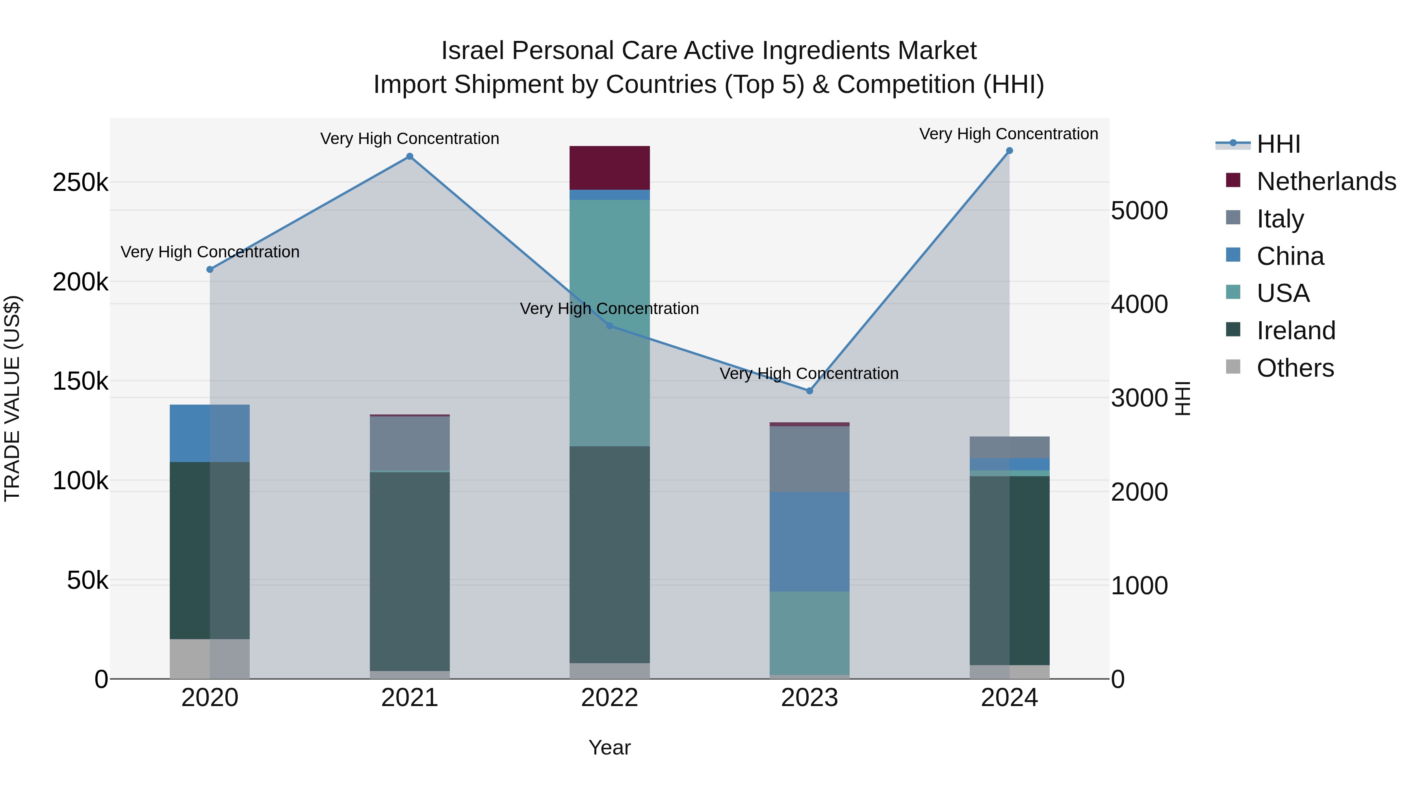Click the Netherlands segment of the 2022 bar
[x=609, y=168]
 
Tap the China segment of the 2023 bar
[x=809, y=542]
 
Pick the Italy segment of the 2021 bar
[x=410, y=443]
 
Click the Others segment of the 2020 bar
[x=209, y=658]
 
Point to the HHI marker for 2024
[x=1009, y=151]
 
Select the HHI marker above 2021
[x=410, y=157]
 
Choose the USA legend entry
[x=1283, y=293]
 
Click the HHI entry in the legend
[x=1278, y=144]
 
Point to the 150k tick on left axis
[x=80, y=381]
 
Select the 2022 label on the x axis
[x=609, y=698]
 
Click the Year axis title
[x=609, y=747]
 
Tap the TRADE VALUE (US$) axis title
[x=12, y=398]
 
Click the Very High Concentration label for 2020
[x=210, y=252]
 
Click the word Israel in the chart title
[x=472, y=51]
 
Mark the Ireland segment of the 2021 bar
[x=410, y=571]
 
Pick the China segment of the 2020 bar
[x=209, y=433]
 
